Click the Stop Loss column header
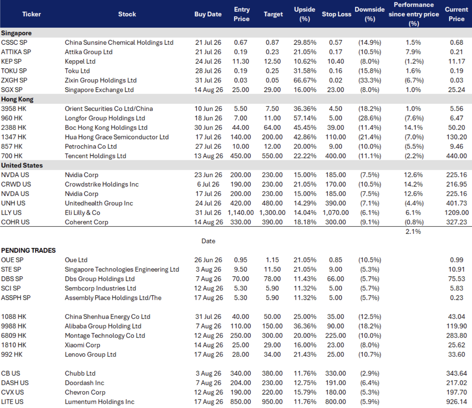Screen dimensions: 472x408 (x=336, y=14)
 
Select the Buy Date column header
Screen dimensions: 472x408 (x=208, y=14)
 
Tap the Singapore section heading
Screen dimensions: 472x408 (x=16, y=33)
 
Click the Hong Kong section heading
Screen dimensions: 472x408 (x=17, y=100)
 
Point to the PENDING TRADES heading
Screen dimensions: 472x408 (x=28, y=251)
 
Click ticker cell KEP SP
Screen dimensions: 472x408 (x=11, y=61)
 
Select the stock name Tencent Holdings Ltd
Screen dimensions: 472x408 (x=95, y=156)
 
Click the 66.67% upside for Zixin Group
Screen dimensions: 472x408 (x=305, y=80)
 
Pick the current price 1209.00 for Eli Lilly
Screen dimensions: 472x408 (x=456, y=213)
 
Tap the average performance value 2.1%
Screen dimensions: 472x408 (x=413, y=232)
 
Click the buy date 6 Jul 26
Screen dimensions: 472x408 (x=208, y=184)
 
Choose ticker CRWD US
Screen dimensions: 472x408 (x=16, y=184)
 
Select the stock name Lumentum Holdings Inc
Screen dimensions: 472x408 (x=99, y=402)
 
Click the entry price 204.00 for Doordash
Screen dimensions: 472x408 (x=240, y=383)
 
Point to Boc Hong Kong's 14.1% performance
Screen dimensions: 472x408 (x=413, y=128)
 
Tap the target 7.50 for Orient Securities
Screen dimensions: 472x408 (x=272, y=109)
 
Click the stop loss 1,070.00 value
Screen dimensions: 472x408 (x=335, y=213)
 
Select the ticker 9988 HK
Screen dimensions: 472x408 (x=14, y=326)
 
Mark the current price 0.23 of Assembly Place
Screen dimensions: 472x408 (x=456, y=298)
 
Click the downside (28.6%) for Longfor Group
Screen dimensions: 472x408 (x=370, y=118)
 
